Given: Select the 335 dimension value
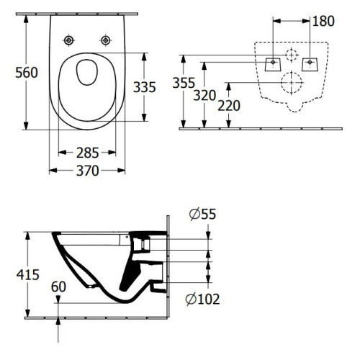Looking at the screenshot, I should pyautogui.click(x=145, y=88).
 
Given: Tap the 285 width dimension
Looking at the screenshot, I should pyautogui.click(x=87, y=153).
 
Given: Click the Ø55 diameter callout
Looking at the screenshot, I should pyautogui.click(x=203, y=213).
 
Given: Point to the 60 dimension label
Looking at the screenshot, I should pyautogui.click(x=60, y=287).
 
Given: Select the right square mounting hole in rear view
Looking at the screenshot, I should pyautogui.click(x=310, y=63).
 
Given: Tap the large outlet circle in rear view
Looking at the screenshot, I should pyautogui.click(x=292, y=82).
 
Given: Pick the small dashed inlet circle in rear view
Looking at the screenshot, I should pyautogui.click(x=292, y=55).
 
